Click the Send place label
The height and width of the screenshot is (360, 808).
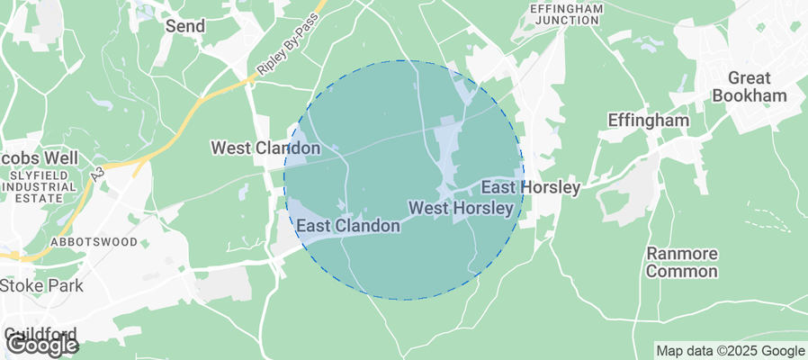point(185,26)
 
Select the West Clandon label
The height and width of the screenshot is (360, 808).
point(265,147)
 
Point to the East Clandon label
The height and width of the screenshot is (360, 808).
point(348,226)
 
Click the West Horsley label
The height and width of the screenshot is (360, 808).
point(461,208)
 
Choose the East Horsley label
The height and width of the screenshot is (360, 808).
point(530,187)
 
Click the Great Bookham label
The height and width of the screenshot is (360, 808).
point(757,86)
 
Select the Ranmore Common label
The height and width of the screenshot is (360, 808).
point(682,262)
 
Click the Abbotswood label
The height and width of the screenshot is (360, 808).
point(94,242)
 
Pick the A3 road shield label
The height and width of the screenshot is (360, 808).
point(97,176)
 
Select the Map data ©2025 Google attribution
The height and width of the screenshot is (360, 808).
point(730,351)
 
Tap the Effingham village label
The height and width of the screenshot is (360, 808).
point(648,120)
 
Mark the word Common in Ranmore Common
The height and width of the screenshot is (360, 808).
point(682,271)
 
